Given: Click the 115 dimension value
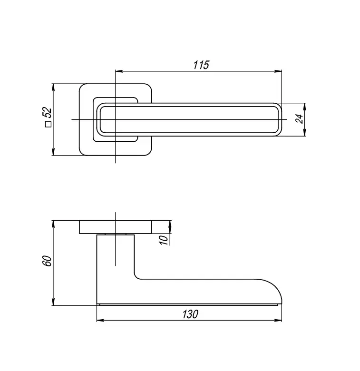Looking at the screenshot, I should [x=201, y=65].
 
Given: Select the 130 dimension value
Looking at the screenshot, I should [x=189, y=314].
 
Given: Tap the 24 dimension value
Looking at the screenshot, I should [x=299, y=119].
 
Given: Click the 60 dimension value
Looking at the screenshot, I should [x=47, y=261].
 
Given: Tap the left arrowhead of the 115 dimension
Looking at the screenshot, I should [x=119, y=71].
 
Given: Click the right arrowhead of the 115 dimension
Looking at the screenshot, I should [x=279, y=71].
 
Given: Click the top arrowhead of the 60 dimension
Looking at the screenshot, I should [x=54, y=223].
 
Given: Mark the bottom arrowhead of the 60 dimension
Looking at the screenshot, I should [x=54, y=302].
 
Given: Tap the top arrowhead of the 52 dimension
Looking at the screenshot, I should [x=54, y=87].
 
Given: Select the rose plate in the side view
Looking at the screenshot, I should [x=116, y=227].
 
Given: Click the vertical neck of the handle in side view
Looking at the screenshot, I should [x=116, y=266].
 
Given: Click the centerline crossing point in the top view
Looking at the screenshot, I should [x=116, y=119].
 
